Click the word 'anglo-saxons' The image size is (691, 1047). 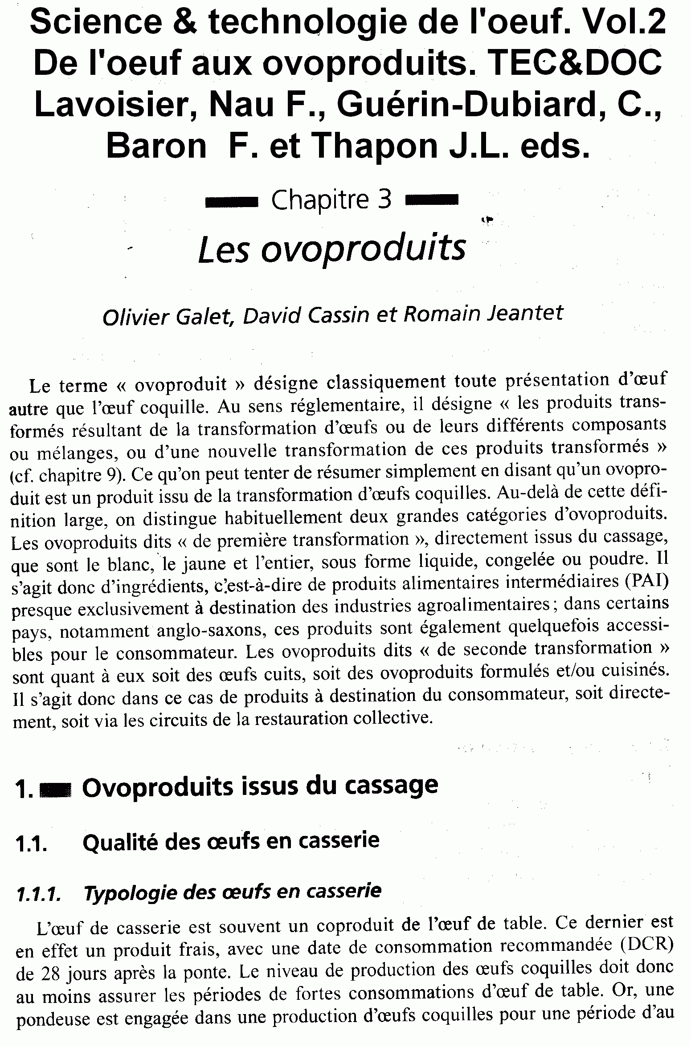click(x=212, y=630)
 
